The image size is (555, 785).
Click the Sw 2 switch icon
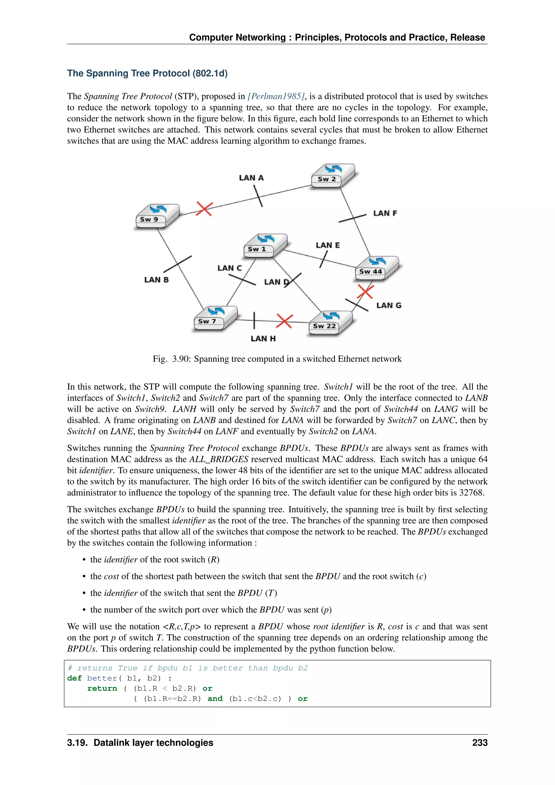pyautogui.click(x=332, y=176)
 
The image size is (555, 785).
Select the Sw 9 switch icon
pyautogui.click(x=157, y=216)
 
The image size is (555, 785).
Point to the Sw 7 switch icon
pyautogui.click(x=215, y=318)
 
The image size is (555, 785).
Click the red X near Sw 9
pyautogui.click(x=204, y=208)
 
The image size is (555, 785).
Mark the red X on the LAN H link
pyautogui.click(x=284, y=321)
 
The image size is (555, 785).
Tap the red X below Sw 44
pyautogui.click(x=365, y=292)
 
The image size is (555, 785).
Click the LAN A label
pyautogui.click(x=251, y=178)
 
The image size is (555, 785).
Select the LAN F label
pyautogui.click(x=385, y=213)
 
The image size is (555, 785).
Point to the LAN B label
pyautogui.click(x=156, y=280)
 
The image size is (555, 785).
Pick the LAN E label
pyautogui.click(x=327, y=245)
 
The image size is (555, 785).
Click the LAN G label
pyautogui.click(x=389, y=305)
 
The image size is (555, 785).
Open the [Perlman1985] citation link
pyautogui.click(x=276, y=96)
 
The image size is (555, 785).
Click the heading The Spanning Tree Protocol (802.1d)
pyautogui.click(x=147, y=73)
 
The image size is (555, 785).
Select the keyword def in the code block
pyautogui.click(x=74, y=678)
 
